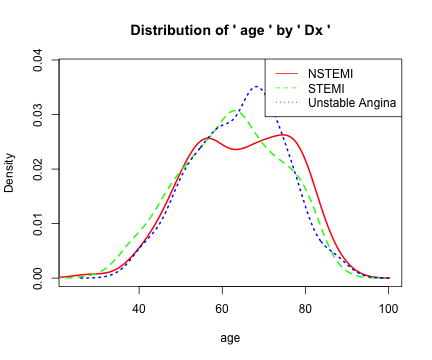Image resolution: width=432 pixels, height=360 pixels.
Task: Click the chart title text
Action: [230, 31]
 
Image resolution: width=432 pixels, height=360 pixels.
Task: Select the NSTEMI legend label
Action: [329, 74]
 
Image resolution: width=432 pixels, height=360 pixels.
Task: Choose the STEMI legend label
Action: [326, 88]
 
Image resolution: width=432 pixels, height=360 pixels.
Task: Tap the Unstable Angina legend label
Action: [353, 103]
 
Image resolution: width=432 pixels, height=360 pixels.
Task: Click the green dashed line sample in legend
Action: [286, 88]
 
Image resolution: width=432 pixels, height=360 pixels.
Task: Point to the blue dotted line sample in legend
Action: [286, 103]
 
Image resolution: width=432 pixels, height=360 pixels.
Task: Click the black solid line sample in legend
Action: [286, 74]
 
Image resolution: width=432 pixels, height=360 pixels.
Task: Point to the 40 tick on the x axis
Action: [139, 307]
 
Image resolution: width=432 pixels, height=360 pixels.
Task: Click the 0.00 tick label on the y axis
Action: [37, 277]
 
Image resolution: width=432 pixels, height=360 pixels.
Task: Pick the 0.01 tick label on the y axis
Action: [37, 223]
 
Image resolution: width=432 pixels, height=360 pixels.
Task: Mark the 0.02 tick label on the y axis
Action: [37, 169]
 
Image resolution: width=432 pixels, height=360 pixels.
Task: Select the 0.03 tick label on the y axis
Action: [37, 115]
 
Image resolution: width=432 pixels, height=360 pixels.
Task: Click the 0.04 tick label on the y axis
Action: [37, 62]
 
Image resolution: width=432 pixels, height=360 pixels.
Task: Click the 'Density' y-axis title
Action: [11, 172]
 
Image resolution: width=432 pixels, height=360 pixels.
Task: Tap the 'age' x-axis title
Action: [230, 337]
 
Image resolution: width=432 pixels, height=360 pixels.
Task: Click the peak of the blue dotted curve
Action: [256, 87]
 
